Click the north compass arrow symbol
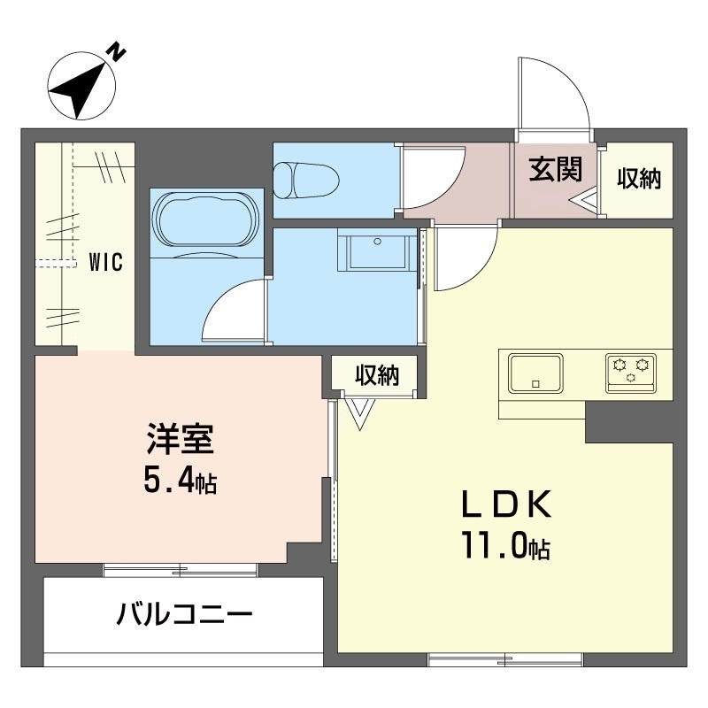coord(77,87)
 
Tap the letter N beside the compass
coord(116,52)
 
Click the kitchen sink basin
coord(535,373)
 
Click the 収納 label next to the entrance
coord(639,179)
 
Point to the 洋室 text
coord(181,441)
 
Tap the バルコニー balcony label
coord(185,613)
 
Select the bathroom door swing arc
coord(232,310)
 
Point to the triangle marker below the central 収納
coord(359,412)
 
